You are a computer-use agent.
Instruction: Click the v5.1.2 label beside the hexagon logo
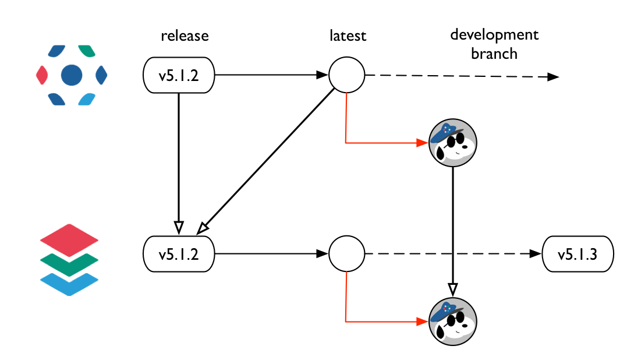[x=179, y=75]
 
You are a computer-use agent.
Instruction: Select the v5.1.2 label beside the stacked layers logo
[x=179, y=254]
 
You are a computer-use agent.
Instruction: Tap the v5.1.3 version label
[x=578, y=254]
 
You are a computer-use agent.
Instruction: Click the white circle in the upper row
[x=347, y=75]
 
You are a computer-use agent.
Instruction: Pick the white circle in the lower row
[x=347, y=254]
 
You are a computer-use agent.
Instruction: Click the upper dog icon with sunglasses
[x=453, y=143]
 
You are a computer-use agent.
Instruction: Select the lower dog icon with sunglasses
[x=453, y=322]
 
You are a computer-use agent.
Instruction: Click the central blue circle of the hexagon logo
[x=72, y=75]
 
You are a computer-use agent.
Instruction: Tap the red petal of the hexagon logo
[x=42, y=75]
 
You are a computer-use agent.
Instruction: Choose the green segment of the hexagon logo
[x=86, y=51]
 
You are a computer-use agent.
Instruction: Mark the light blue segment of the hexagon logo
[x=86, y=98]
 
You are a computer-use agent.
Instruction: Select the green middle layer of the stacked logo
[x=69, y=263]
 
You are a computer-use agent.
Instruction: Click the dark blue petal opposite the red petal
[x=101, y=75]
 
